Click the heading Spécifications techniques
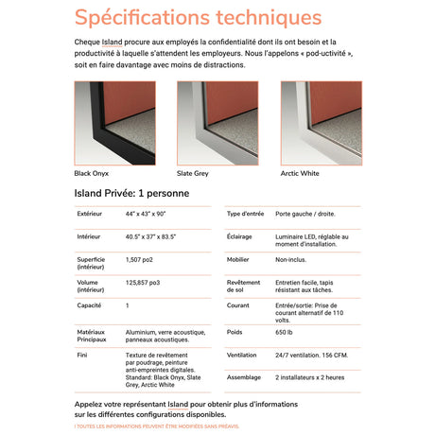(198, 18)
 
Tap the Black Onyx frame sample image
(114, 123)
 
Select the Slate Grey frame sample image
(217, 123)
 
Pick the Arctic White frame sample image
(321, 123)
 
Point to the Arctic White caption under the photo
(300, 173)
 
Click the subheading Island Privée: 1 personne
(131, 194)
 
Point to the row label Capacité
(90, 305)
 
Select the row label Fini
(82, 354)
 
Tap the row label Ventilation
(243, 355)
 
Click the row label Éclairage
(240, 236)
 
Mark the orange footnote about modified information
(157, 426)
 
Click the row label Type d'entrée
(247, 215)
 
